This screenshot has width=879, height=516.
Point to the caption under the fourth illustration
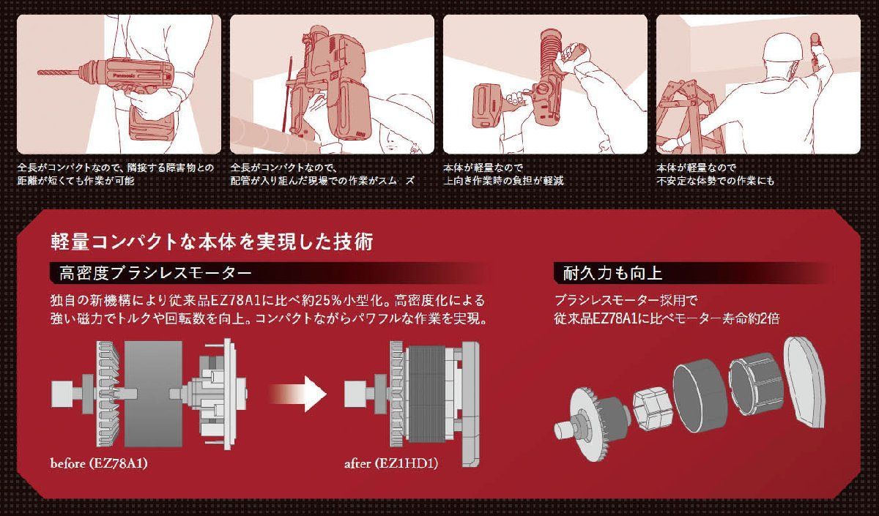[x=715, y=173]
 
